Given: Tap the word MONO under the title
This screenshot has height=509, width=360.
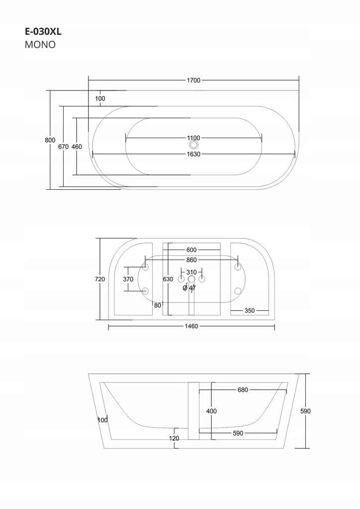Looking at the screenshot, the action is pos(39,44).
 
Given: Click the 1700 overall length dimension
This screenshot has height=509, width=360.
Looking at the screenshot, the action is pos(193,81).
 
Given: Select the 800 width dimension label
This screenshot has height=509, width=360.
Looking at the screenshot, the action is pos(50,140).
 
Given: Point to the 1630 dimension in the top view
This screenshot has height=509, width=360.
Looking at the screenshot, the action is pos(193,154).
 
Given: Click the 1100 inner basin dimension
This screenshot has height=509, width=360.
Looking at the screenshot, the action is pos(193,138).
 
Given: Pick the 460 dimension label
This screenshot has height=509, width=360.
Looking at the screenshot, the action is pos(77,147).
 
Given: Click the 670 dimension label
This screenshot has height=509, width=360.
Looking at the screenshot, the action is pos(63,147).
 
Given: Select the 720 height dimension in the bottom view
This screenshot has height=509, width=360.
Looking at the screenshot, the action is pos(99,279).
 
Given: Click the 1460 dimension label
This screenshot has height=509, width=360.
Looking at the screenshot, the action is pos(191,327).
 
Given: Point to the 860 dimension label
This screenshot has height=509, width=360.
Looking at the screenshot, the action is pos(191,260).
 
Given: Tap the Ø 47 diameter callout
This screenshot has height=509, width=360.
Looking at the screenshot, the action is pos(189,288).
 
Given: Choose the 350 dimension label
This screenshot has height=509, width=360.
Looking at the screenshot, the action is pos(250,311).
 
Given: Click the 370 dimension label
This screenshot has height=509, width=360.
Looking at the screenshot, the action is pos(128,279).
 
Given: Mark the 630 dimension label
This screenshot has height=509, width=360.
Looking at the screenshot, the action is pos(168,279).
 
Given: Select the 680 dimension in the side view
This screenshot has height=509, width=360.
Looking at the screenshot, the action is pos(243,390).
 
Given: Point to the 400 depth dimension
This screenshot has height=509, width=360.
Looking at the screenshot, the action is pos(211,411).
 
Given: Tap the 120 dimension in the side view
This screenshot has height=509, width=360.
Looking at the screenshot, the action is pos(174,438).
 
